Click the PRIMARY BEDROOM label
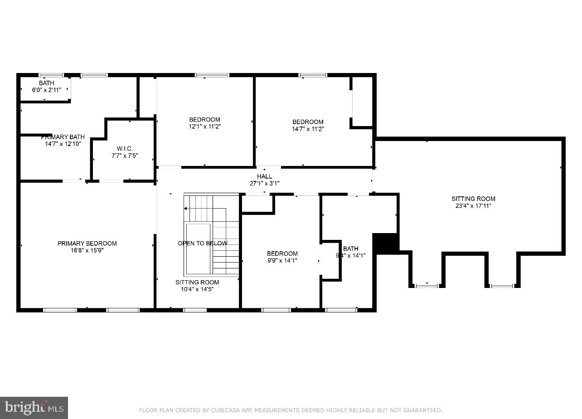[x=87, y=244]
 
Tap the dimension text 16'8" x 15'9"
[x=87, y=250]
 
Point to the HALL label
[x=265, y=176]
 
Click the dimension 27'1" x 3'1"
[x=265, y=183]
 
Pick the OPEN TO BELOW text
[x=202, y=244]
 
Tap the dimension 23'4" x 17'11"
[x=473, y=205]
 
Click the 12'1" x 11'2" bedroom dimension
[x=204, y=127]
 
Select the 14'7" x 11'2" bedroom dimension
[x=308, y=129]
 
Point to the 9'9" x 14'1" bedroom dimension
[x=282, y=260]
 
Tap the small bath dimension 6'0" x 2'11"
[x=46, y=90]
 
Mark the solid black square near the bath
[x=385, y=244]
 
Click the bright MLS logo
[x=34, y=408]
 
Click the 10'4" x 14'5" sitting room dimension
[x=197, y=289]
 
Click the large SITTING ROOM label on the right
[x=473, y=199]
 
